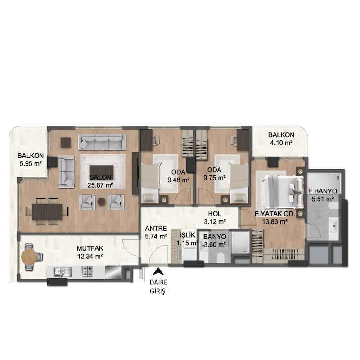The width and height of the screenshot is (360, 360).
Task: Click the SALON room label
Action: [100, 177]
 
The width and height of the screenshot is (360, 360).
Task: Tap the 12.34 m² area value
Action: [90, 256]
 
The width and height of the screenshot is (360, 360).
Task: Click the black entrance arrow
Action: [158, 272]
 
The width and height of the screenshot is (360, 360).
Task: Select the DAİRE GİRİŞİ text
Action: [158, 287]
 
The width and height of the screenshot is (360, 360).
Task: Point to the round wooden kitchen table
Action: [28, 257]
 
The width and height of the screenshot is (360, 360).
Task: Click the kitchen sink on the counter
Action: [59, 272]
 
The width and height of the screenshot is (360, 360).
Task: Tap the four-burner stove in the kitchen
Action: [87, 271]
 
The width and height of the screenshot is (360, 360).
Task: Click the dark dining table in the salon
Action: [47, 211]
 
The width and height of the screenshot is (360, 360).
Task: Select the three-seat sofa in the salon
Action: [102, 142]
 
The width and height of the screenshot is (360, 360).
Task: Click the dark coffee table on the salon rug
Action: [102, 171]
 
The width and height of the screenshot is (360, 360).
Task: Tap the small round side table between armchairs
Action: [102, 202]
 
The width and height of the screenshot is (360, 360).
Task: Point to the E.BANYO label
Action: [323, 191]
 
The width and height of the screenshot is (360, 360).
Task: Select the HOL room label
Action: [215, 214]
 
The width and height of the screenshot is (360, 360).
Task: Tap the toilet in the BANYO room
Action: [220, 257]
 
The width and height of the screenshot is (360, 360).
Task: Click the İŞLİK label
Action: [187, 234]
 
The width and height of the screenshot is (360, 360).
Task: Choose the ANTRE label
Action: [156, 229]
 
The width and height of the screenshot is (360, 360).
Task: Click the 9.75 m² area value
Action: [215, 178]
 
